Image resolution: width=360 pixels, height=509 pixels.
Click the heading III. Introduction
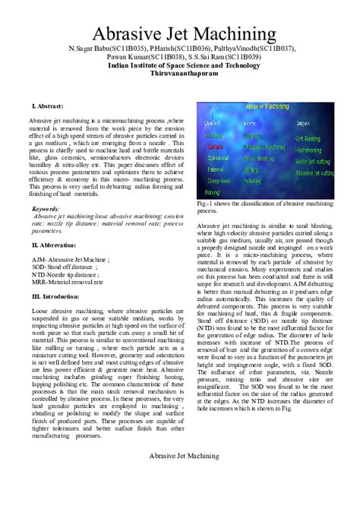pos(57,296)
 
